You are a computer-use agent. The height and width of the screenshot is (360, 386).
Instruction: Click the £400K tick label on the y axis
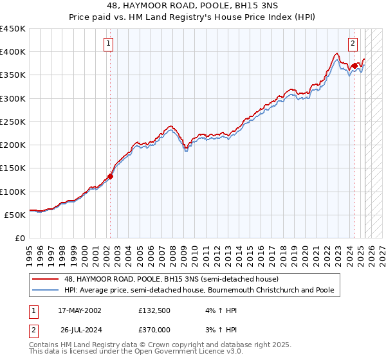click(13, 52)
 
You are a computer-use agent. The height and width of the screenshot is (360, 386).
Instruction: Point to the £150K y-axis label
click(13, 168)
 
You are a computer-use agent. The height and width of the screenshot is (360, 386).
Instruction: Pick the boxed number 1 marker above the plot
click(107, 44)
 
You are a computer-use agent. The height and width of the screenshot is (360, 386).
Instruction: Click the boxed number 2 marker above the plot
click(353, 44)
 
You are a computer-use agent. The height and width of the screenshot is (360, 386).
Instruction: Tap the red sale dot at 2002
click(110, 176)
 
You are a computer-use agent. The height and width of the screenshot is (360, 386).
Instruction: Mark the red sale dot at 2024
click(354, 66)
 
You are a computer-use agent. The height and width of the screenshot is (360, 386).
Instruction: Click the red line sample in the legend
click(45, 280)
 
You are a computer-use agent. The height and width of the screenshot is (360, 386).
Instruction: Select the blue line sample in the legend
click(45, 290)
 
